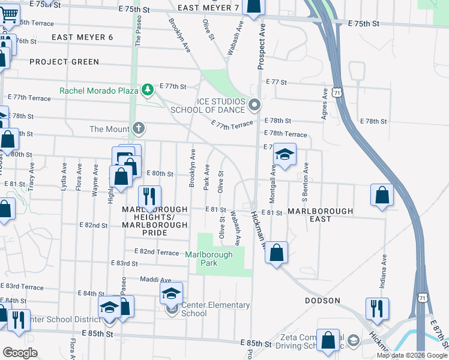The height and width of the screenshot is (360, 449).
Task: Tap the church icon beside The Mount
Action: pos(139,128)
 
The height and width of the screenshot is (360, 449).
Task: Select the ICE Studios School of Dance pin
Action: pos(255,106)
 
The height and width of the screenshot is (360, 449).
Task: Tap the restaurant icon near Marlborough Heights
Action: pos(149,196)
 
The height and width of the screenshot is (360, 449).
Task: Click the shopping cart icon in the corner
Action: pos(9,13)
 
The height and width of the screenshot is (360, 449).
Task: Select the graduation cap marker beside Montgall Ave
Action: pos(285,154)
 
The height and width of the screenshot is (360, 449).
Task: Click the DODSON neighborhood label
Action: pos(322,301)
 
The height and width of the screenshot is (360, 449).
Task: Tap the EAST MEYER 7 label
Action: pos(208,8)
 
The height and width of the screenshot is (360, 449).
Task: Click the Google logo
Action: pos(20,352)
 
